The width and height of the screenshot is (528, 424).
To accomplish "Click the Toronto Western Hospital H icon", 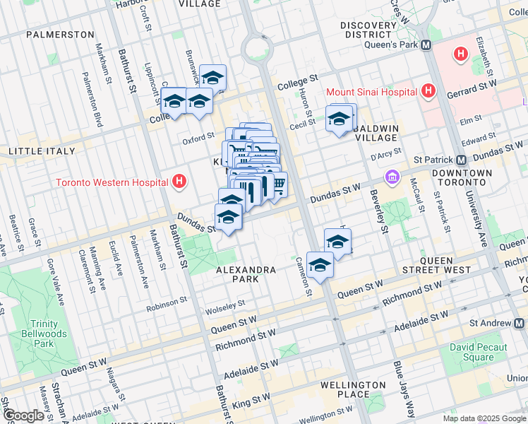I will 180,182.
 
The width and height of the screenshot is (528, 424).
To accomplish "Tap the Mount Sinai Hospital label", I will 371,92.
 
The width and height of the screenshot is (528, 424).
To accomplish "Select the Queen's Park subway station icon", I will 426,45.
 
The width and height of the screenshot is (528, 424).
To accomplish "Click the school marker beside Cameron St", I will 320,265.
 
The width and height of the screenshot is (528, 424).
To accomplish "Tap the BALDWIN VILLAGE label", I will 376,133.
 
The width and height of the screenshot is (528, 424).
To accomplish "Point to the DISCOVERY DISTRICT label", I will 368,30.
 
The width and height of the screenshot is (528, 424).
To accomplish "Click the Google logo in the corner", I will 23,416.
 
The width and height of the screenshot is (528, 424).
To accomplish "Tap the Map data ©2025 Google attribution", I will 484,418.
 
